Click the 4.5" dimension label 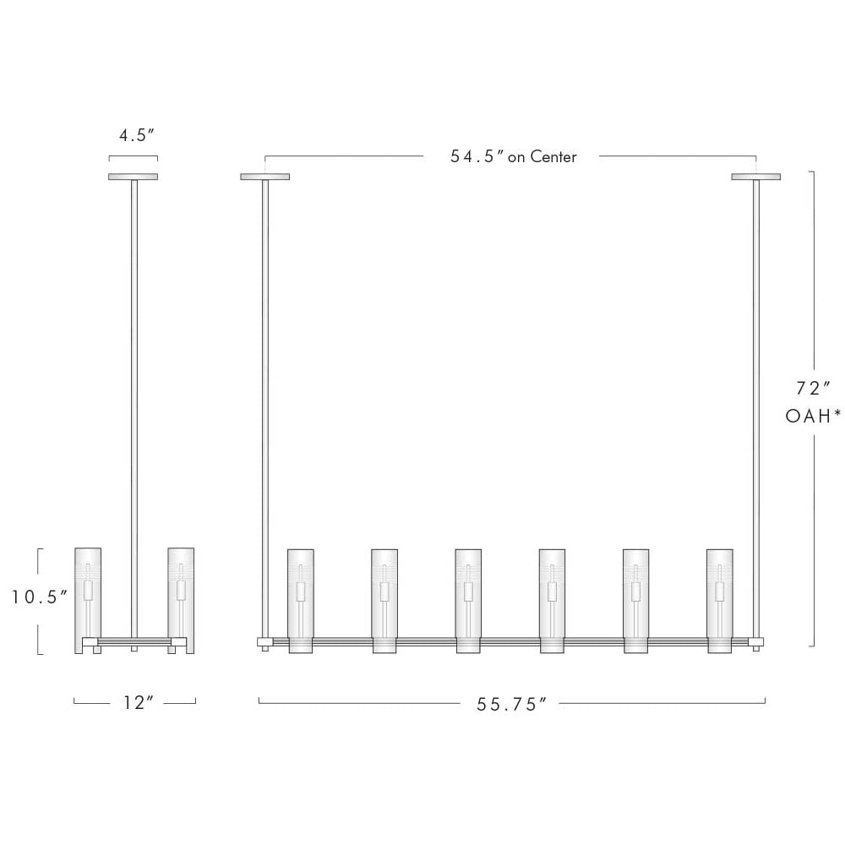[137, 135]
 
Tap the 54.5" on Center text [514, 156]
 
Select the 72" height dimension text [813, 388]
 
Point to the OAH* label [813, 416]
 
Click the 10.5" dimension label [40, 597]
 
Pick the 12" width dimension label [139, 703]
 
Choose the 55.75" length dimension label [511, 705]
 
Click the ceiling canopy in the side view [134, 177]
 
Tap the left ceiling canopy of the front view [264, 177]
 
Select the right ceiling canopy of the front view [755, 177]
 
